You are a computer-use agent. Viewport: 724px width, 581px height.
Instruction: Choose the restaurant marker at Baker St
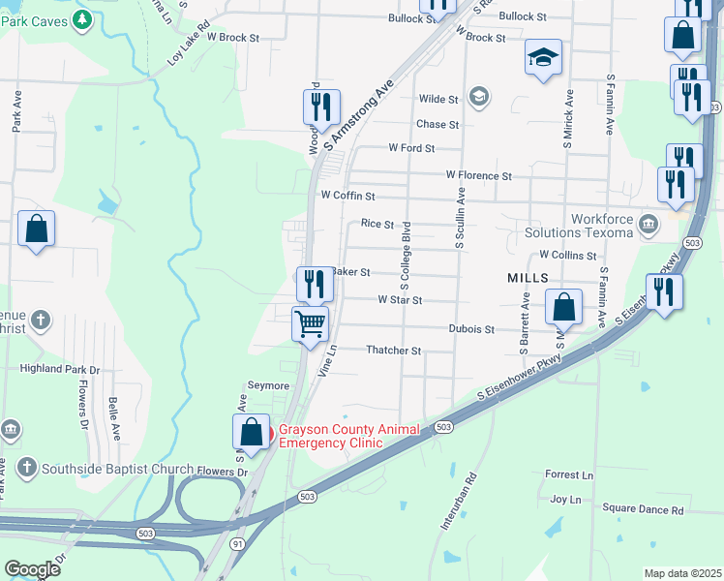[x=314, y=284]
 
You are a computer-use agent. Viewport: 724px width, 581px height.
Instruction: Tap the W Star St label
[x=400, y=300]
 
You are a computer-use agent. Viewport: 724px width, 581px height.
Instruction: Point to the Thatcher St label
[x=393, y=350]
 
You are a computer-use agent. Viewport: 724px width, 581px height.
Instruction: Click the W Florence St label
[x=478, y=175]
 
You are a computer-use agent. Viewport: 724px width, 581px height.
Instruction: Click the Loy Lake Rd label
[x=188, y=45]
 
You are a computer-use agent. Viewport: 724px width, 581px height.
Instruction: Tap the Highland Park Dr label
[x=61, y=369]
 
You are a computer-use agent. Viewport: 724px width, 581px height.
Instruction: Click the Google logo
[x=32, y=569]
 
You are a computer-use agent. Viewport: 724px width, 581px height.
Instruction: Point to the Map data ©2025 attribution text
[x=681, y=573]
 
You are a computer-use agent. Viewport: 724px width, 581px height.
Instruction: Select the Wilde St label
[x=437, y=99]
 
